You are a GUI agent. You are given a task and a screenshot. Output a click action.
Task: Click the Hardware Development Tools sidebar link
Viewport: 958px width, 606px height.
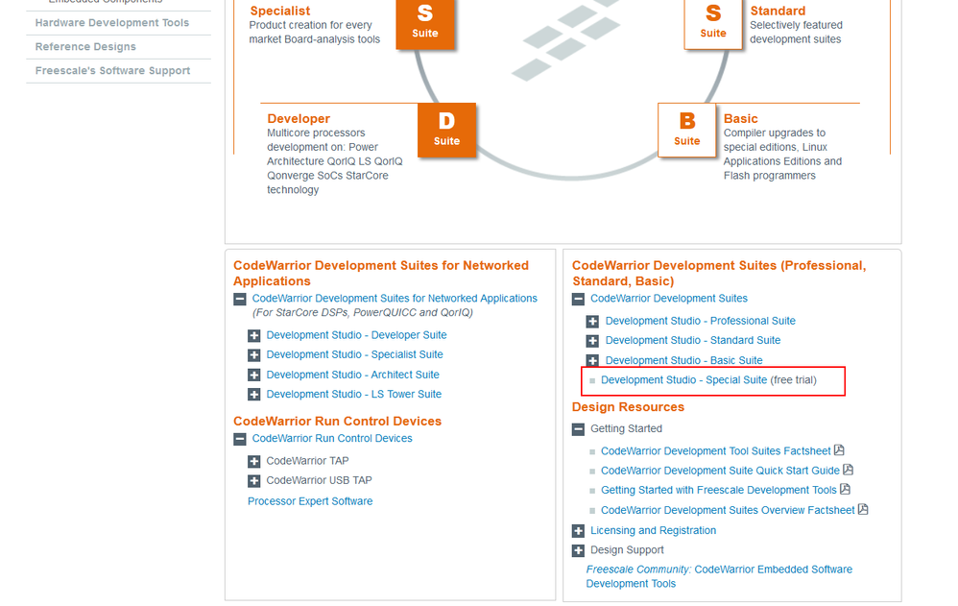111,23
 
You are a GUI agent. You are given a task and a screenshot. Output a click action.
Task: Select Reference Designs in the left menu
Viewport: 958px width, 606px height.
85,46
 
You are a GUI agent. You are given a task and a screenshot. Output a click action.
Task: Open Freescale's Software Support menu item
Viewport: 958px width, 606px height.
112,70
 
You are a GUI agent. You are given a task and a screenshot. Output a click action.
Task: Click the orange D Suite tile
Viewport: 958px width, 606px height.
446,130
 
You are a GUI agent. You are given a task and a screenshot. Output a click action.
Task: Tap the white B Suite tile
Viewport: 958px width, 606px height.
686,130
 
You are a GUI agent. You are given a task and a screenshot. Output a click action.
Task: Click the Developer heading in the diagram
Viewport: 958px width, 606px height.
299,119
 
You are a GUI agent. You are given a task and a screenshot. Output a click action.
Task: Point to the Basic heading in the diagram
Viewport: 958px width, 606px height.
740,119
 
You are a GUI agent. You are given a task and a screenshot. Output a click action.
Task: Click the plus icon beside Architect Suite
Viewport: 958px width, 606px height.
254,375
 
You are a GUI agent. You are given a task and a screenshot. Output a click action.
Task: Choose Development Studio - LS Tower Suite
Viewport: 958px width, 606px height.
354,395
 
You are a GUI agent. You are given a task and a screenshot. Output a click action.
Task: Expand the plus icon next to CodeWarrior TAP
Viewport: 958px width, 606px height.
254,461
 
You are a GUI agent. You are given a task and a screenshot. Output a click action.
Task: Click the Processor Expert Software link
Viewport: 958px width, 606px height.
310,500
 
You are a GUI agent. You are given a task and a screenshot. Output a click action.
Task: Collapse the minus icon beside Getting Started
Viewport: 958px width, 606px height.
578,429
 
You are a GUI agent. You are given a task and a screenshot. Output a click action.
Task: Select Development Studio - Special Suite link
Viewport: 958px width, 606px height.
683,379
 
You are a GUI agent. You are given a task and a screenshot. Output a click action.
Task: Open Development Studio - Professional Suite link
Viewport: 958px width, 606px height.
700,321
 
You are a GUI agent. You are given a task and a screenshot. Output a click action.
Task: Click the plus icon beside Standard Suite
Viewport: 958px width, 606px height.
592,341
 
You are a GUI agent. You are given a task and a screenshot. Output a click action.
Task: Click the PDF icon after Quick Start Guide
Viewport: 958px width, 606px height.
848,470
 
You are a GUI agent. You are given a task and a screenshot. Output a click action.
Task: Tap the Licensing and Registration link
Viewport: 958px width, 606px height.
653,530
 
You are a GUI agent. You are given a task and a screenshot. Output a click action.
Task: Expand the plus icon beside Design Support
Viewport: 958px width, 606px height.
578,550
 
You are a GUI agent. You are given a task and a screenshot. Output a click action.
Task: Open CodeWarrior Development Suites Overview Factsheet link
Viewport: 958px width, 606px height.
728,510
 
